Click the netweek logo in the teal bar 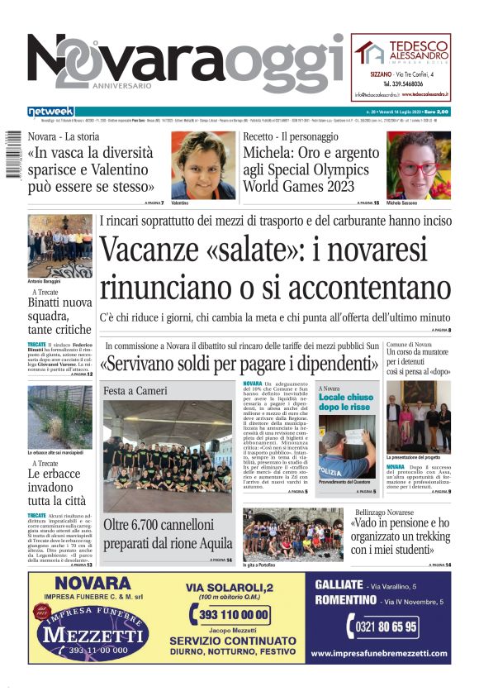tap(50, 111)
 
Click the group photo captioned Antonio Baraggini tap(60, 246)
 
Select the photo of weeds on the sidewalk tap(60, 417)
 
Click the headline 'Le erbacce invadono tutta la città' tap(60, 487)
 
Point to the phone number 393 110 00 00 tap(230, 614)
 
